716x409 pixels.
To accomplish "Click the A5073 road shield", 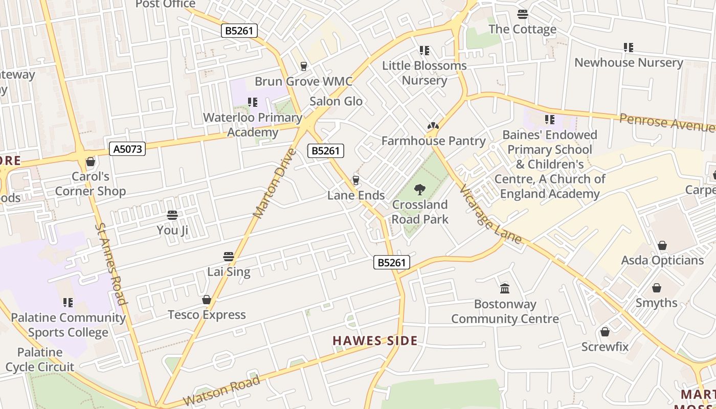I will (127, 149).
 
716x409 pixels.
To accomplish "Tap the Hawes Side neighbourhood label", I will (375, 341).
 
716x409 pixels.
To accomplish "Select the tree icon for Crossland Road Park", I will (420, 190).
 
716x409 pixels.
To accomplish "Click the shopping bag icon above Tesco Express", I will (207, 300).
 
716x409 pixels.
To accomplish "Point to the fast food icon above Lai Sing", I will (229, 257).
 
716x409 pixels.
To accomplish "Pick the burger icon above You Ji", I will (172, 215).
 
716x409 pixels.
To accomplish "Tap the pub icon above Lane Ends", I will (356, 180).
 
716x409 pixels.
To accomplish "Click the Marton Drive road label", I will (275, 183).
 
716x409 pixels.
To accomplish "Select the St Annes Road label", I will (110, 263).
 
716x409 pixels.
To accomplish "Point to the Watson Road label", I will (221, 392).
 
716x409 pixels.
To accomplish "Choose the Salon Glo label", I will (336, 101).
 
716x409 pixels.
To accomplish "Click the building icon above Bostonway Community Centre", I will (505, 289).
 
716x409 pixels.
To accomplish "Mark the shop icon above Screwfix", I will (605, 332).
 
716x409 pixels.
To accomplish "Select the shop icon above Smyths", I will (656, 288).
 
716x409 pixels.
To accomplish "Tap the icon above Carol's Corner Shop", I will (91, 162).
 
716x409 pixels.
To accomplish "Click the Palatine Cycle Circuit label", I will (40, 359).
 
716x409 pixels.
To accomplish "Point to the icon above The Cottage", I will (522, 14).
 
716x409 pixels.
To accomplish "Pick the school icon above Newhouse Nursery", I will (629, 48).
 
